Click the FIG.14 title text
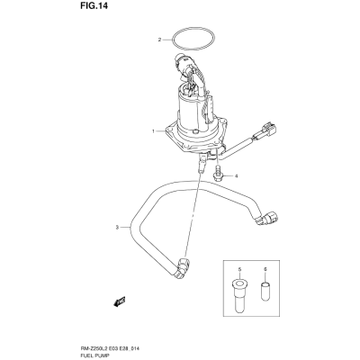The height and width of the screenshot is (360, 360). click(x=94, y=7)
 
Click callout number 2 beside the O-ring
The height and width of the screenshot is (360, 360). click(x=160, y=40)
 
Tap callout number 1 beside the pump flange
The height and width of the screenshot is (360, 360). click(x=153, y=131)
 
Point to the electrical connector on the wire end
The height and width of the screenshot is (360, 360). click(x=268, y=129)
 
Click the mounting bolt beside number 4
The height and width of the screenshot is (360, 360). click(x=217, y=173)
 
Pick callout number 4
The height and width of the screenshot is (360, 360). click(x=236, y=176)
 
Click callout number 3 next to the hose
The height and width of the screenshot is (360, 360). click(x=117, y=227)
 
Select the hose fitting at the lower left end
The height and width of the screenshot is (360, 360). click(x=183, y=265)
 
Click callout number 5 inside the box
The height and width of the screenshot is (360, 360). click(x=239, y=270)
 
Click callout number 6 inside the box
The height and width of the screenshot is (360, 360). click(x=265, y=270)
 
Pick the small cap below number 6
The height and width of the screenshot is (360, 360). click(x=265, y=290)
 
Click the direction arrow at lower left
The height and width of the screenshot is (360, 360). click(x=120, y=301)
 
